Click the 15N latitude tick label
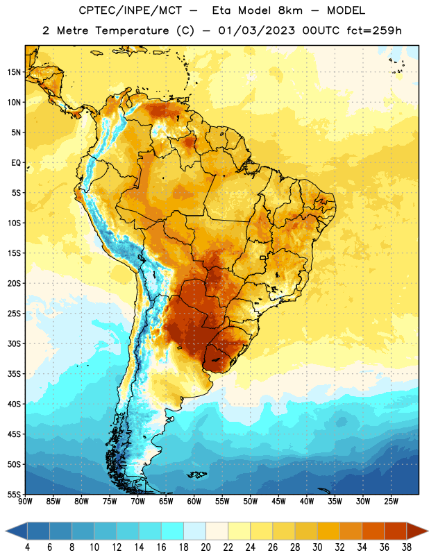pyautogui.click(x=14, y=72)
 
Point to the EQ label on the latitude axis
pyautogui.click(x=16, y=163)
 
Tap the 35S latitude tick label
pyautogui.click(x=14, y=374)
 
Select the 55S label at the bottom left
pyautogui.click(x=14, y=495)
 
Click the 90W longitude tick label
pyautogui.click(x=25, y=502)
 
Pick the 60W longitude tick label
pyautogui.click(x=194, y=502)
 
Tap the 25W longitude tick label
pyautogui.click(x=391, y=502)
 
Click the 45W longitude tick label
pyautogui.click(x=278, y=502)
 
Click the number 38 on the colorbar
pyautogui.click(x=407, y=547)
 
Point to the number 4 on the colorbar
pyautogui.click(x=27, y=547)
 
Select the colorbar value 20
pyautogui.click(x=205, y=547)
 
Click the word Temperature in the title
pyautogui.click(x=132, y=31)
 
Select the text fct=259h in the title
pyautogui.click(x=374, y=31)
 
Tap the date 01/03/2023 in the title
pyautogui.click(x=256, y=31)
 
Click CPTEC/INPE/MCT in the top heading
pyautogui.click(x=130, y=10)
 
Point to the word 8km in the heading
pyautogui.click(x=290, y=10)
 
